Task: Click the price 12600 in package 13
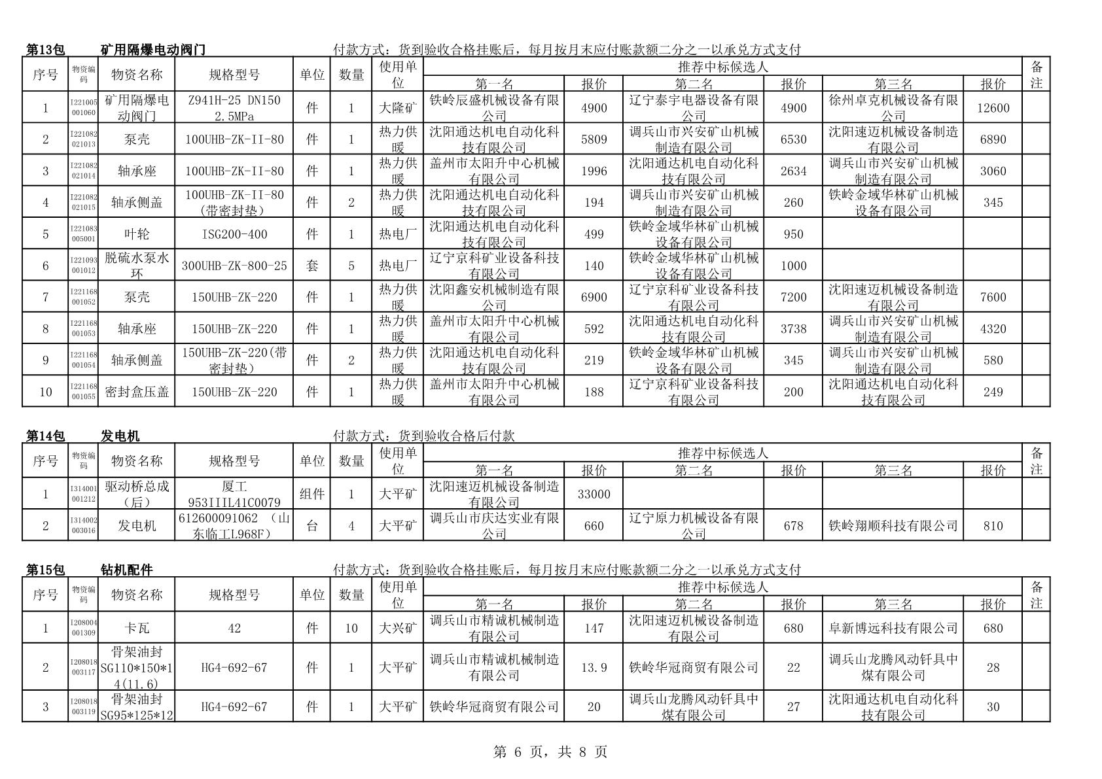tap(992, 108)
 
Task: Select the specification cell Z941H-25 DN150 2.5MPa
tap(234, 108)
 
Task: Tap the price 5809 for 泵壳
tap(594, 139)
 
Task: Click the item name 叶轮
tap(137, 234)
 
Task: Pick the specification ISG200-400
tap(234, 234)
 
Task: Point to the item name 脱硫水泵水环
tap(137, 266)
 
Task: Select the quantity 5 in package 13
tap(351, 266)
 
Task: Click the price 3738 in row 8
tap(793, 329)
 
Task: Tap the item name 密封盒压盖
tap(137, 392)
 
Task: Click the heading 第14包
tap(46, 436)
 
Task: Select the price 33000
tap(594, 494)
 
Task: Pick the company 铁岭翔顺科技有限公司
tap(893, 526)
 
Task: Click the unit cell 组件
tap(312, 494)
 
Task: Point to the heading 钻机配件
tap(127, 570)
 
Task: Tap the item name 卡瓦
tap(137, 628)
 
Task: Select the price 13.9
tap(594, 667)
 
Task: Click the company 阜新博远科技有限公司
tap(893, 628)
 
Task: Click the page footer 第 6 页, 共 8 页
tap(550, 752)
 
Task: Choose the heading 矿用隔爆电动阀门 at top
tap(153, 50)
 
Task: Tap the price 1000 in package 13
tap(793, 266)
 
